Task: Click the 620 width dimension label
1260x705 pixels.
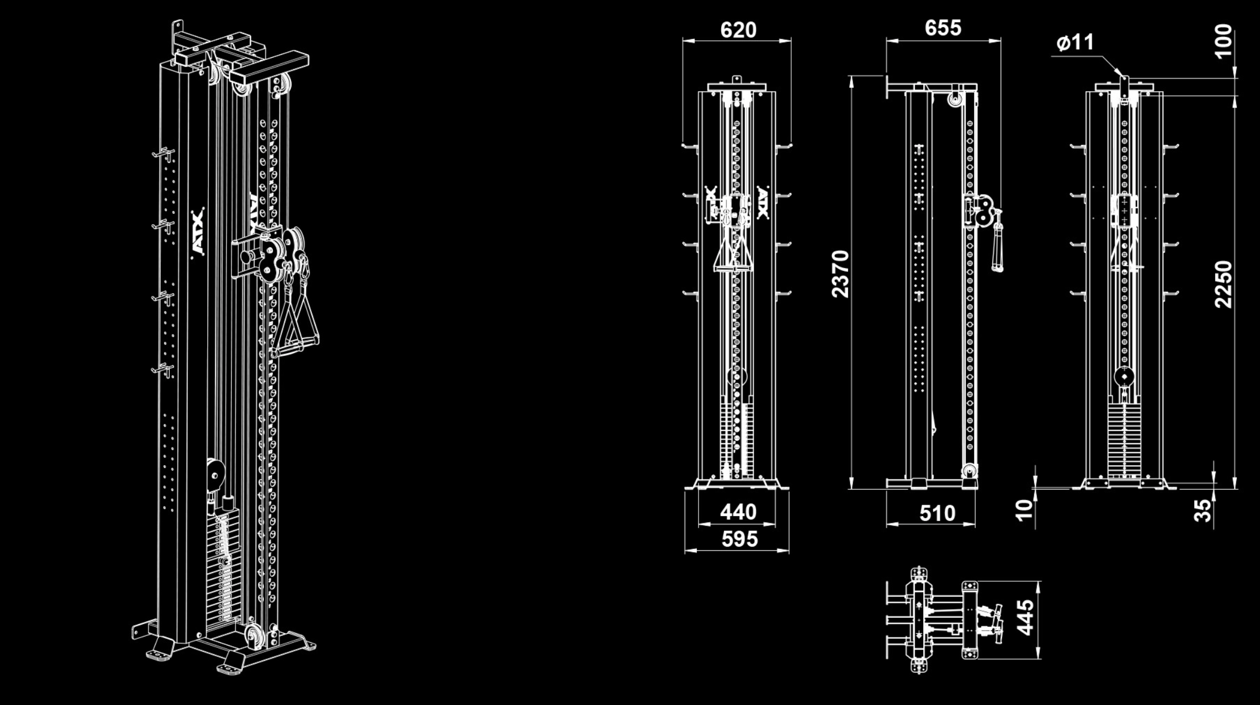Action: [x=738, y=29]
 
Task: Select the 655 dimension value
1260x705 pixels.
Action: [x=943, y=28]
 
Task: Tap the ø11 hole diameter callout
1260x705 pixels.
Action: [x=1075, y=42]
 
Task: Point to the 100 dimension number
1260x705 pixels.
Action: [x=1223, y=41]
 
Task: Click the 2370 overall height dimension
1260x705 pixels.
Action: [x=841, y=274]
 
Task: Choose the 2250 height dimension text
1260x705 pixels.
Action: [x=1223, y=284]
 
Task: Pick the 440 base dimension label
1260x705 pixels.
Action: [x=738, y=512]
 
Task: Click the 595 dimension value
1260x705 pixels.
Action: [x=740, y=539]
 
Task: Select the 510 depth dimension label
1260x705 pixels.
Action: [x=937, y=513]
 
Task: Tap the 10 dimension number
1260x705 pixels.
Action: [x=1025, y=510]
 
